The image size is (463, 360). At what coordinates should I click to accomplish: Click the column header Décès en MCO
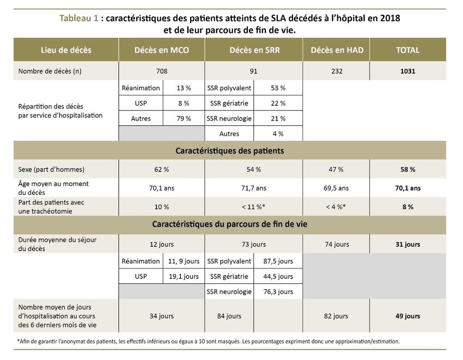[162, 50]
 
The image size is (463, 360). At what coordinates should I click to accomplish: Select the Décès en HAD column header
[337, 50]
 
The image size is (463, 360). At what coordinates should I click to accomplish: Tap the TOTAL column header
[408, 50]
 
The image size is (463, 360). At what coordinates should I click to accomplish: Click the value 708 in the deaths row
[162, 71]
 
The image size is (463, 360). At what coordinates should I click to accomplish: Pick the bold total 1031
[408, 71]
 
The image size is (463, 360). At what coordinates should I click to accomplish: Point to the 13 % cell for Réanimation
[184, 88]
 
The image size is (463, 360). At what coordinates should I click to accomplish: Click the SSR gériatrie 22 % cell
[278, 103]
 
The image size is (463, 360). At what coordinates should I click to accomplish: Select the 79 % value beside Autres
[184, 118]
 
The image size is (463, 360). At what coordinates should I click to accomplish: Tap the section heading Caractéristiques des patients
[230, 151]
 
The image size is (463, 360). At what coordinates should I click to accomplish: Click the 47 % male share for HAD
[336, 169]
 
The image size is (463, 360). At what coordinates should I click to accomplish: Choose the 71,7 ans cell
[254, 188]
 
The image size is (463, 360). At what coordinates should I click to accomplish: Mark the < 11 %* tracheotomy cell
[253, 207]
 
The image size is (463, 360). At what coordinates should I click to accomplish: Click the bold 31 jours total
[408, 244]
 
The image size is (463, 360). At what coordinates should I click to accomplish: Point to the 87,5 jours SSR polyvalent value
[278, 261]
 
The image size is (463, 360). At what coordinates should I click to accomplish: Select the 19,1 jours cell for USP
[184, 277]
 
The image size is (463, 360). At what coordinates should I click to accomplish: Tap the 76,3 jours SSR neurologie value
[278, 292]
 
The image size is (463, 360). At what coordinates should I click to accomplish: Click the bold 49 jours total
[408, 316]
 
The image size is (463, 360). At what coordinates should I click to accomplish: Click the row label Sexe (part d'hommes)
[51, 169]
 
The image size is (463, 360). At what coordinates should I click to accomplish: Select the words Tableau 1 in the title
[79, 18]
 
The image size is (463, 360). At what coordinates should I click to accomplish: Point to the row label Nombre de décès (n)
[50, 71]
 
